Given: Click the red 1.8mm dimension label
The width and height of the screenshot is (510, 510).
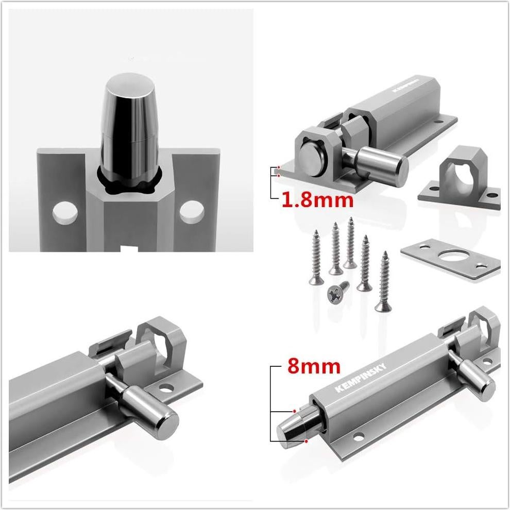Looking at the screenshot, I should (x=317, y=200).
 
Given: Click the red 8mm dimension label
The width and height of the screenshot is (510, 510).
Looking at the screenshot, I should (x=314, y=366).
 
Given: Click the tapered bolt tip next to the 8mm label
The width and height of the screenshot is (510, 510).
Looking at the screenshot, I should (x=292, y=427).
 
